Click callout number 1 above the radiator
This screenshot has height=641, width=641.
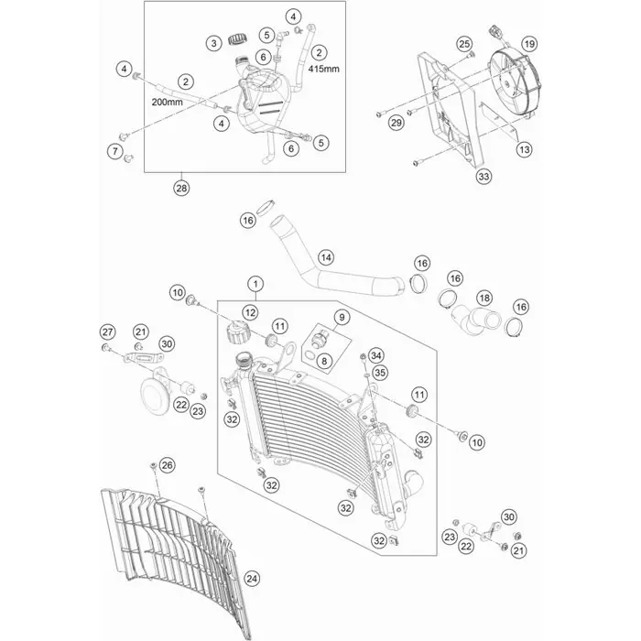click(255, 283)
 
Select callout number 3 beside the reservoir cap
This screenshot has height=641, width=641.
click(212, 42)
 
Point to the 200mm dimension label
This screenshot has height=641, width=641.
click(168, 103)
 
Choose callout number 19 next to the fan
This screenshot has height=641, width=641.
click(528, 43)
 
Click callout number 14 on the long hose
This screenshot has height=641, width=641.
click(326, 258)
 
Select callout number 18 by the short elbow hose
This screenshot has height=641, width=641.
click(484, 299)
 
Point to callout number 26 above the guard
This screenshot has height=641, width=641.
click(166, 466)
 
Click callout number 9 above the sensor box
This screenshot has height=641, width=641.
click(342, 318)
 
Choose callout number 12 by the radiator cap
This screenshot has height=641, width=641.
click(250, 314)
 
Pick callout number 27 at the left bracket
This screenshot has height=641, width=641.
click(106, 331)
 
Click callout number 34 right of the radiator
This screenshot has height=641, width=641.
click(378, 355)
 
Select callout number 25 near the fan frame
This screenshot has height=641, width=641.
click(463, 44)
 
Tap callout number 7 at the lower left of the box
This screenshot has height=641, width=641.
click(115, 150)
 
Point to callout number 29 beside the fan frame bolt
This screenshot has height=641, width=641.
click(397, 123)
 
